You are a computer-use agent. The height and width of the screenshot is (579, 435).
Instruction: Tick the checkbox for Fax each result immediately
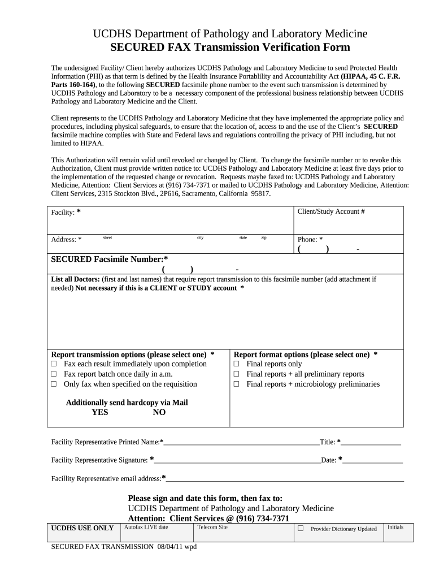click(54, 364)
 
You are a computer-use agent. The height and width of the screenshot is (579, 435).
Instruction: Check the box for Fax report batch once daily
click(54, 374)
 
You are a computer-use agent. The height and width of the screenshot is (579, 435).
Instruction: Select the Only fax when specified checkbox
click(54, 384)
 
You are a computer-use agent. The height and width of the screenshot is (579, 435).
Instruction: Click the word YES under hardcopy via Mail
click(100, 413)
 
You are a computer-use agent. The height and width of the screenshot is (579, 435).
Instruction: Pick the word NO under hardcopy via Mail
click(159, 413)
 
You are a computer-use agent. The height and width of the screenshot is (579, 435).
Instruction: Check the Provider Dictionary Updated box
click(301, 529)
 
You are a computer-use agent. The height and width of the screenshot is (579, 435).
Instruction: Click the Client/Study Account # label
click(331, 211)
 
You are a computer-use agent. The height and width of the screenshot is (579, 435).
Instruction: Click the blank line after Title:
click(371, 442)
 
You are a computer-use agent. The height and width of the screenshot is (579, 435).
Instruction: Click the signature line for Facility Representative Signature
click(237, 460)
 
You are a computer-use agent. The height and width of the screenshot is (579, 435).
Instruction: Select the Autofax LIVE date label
click(146, 527)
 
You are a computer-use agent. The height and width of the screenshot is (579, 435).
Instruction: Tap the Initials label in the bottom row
click(395, 527)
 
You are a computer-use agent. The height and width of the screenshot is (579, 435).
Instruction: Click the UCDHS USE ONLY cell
click(82, 528)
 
